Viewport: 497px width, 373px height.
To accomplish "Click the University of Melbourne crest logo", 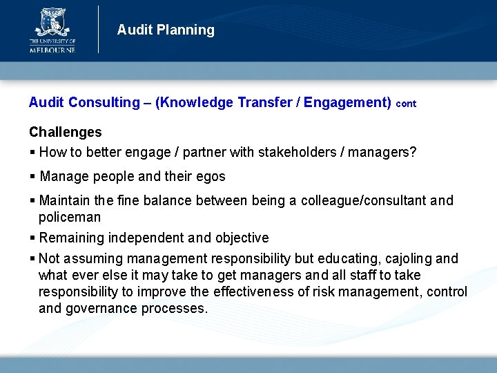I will click(52, 23).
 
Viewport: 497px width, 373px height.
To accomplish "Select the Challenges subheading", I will click(65, 132).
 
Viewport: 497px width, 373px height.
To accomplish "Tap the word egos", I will click(211, 176).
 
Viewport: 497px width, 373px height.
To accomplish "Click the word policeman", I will click(69, 218).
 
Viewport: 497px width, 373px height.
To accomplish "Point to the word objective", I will click(242, 238).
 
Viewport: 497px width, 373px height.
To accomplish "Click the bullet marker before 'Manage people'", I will click(32, 177).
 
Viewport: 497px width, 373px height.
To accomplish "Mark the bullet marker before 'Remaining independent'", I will click(32, 238).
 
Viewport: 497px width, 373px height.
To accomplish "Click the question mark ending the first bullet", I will click(413, 152).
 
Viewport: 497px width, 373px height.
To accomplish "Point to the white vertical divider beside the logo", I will click(99, 29).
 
